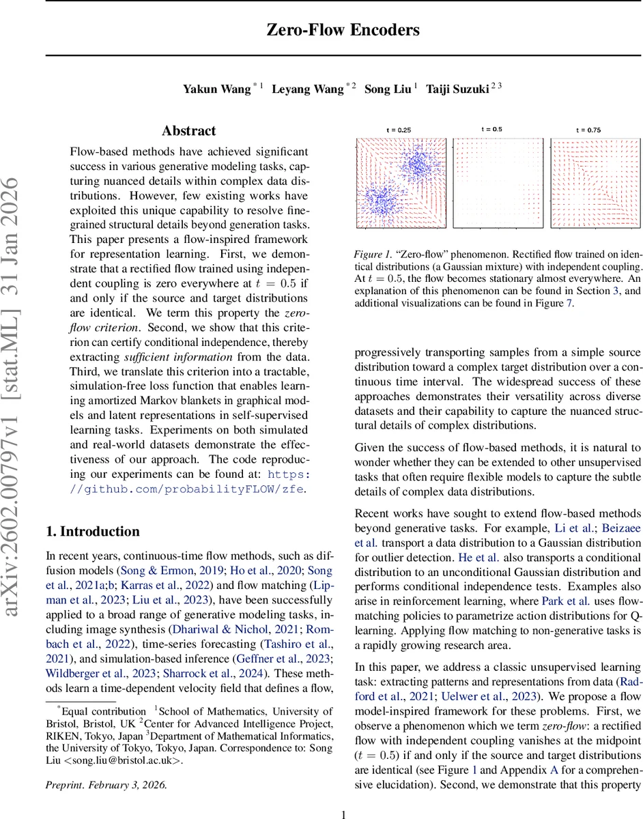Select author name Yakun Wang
coord(217,90)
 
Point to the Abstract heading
coord(188,131)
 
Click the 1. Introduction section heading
coord(92,532)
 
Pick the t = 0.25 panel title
coord(399,130)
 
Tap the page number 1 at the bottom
coord(344,814)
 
